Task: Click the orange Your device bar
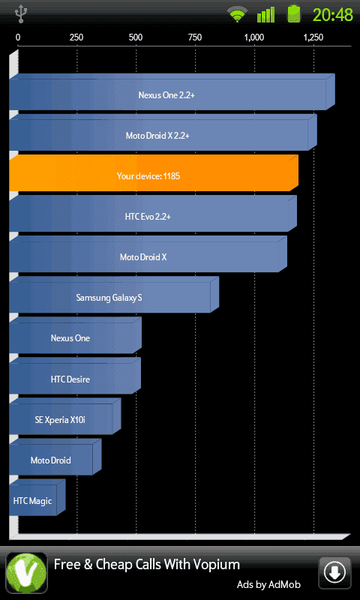coord(154,173)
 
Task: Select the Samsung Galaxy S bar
coord(114,295)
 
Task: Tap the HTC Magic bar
coord(37,497)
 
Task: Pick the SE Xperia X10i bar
coord(65,416)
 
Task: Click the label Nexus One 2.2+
coord(166,95)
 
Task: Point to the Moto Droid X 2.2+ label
coord(157,136)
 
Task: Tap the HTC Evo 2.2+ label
coord(148,217)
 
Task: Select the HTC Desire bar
coord(75,376)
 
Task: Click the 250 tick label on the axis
coord(76,37)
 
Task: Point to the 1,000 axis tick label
coord(254,37)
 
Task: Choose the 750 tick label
coord(195,37)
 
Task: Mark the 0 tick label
coord(18,37)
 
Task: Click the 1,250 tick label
coord(313,37)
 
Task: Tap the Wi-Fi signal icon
coord(238,15)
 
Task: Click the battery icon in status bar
coord(294,13)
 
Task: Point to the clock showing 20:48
coord(332,14)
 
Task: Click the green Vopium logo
coord(26,573)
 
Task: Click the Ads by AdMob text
coord(268,585)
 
